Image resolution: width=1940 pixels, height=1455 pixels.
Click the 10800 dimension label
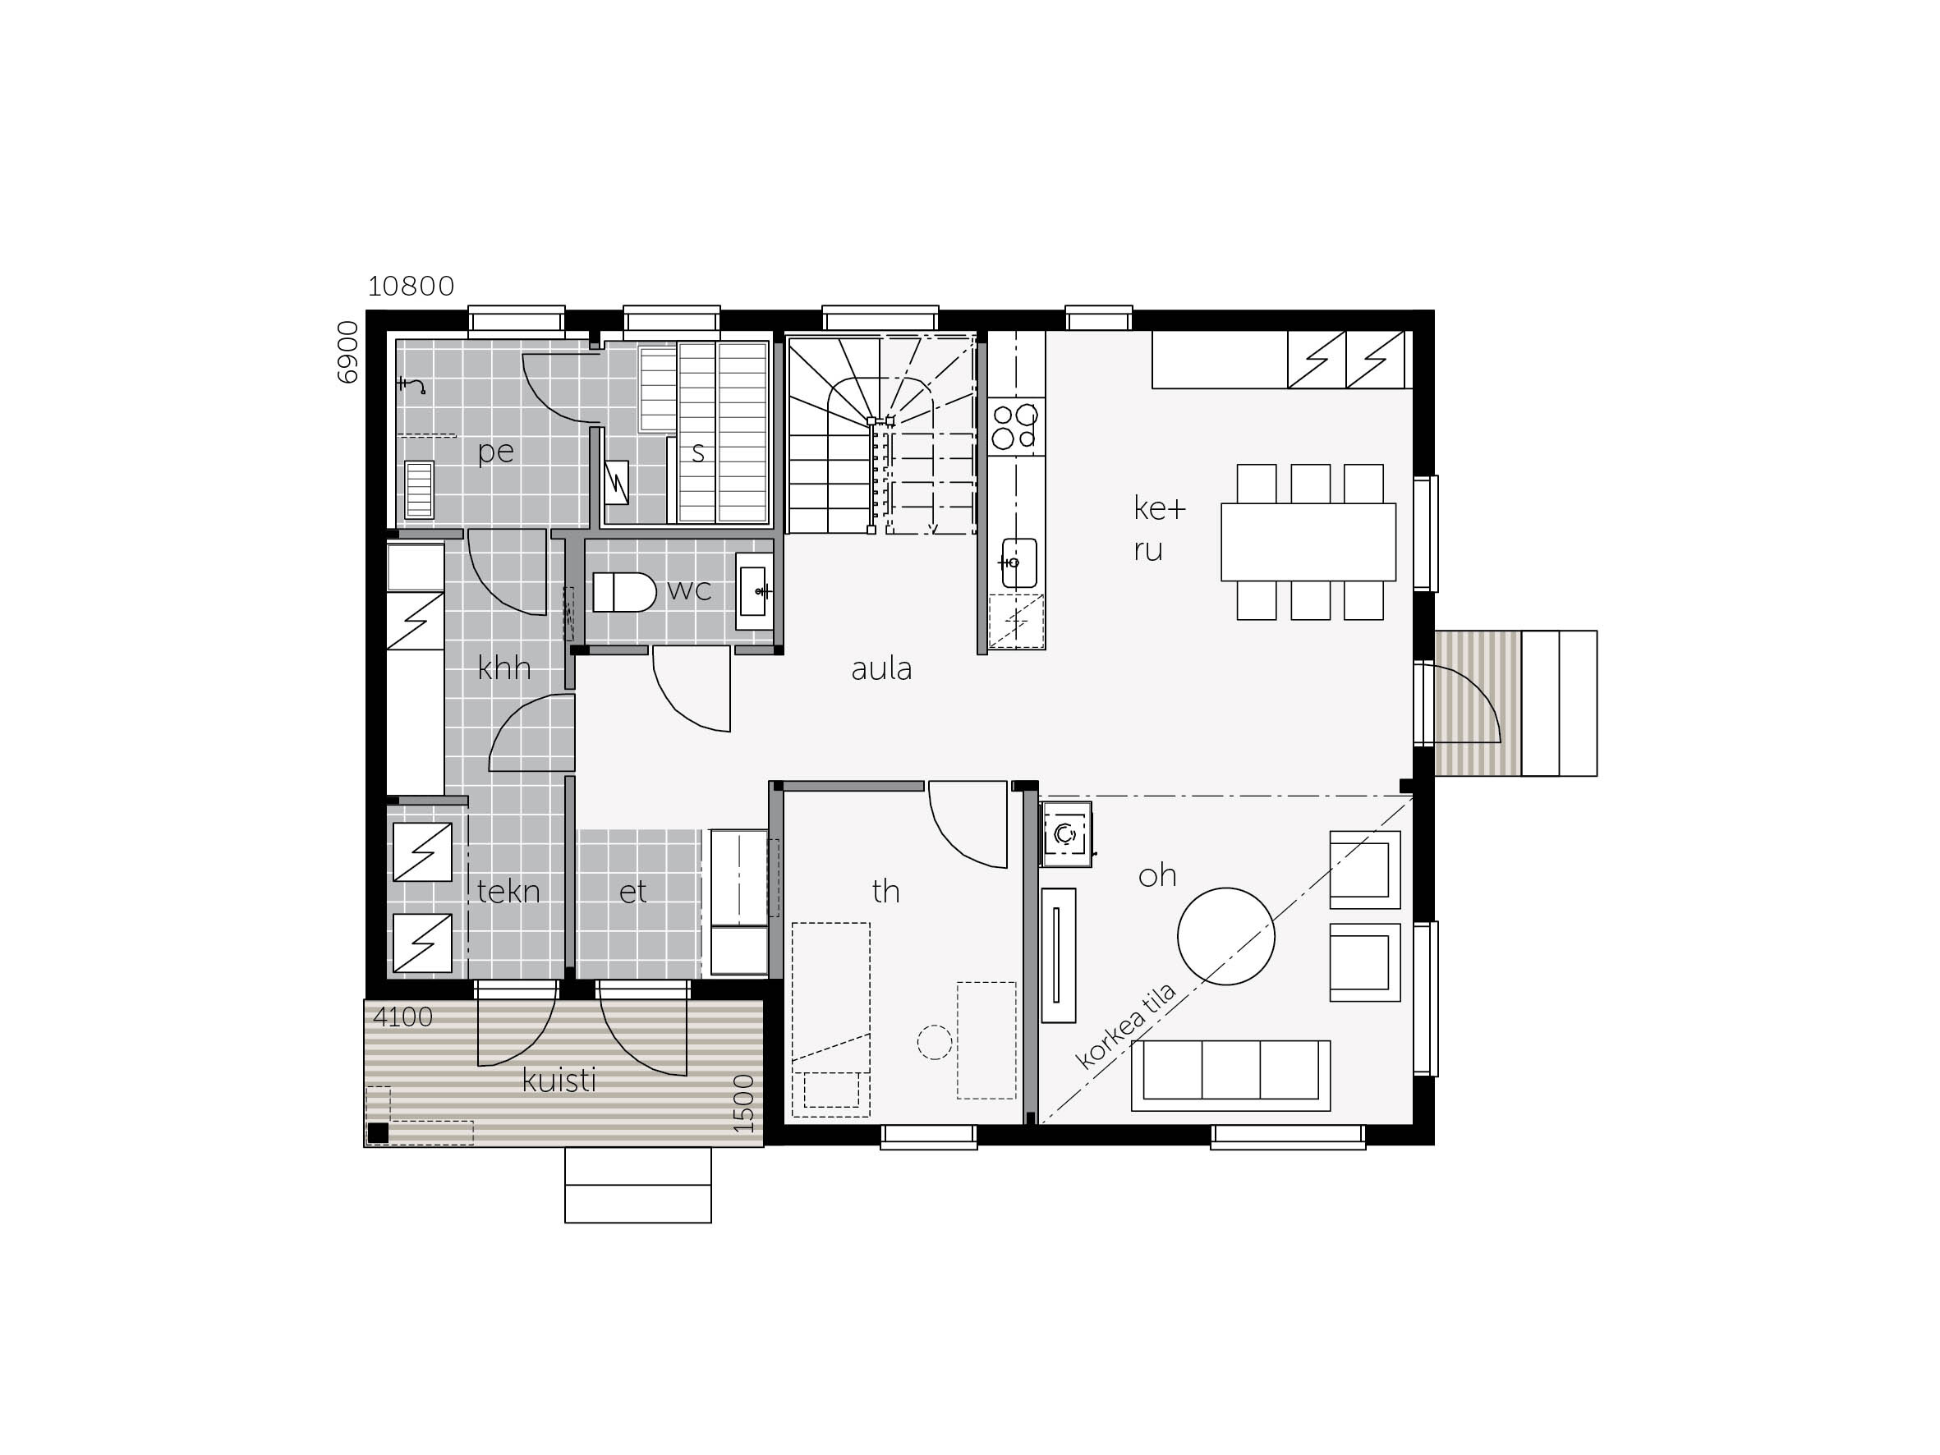411,286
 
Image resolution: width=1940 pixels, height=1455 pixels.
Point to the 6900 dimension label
348,351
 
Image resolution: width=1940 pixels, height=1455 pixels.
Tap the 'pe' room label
495,452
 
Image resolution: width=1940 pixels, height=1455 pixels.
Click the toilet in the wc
624,592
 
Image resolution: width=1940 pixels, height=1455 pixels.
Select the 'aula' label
881,669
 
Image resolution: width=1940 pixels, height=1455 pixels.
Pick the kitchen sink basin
1019,562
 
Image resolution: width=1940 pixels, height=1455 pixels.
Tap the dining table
1308,541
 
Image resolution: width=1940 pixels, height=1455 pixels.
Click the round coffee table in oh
1226,936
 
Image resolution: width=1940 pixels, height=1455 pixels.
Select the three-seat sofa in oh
1230,1076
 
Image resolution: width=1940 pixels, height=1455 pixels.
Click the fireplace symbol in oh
1065,834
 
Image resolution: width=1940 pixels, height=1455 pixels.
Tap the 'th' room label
885,891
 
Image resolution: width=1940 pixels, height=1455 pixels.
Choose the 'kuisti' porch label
559,1080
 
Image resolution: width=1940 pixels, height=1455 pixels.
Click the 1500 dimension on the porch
742,1103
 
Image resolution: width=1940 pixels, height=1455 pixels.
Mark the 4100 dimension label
402,1017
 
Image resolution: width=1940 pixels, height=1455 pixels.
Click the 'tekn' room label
508,891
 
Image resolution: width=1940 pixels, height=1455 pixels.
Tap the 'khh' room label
504,668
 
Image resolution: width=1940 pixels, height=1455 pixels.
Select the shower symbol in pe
411,385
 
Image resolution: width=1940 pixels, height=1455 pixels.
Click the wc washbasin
753,591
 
